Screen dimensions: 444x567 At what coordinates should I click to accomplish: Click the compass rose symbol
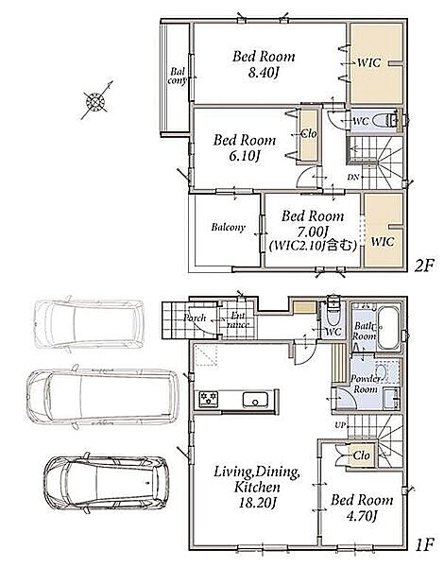click(x=95, y=101)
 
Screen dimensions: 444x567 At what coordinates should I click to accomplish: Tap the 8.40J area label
click(x=264, y=74)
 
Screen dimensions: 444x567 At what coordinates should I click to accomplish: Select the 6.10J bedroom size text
click(x=245, y=156)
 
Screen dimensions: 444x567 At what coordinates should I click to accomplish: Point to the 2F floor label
click(x=423, y=266)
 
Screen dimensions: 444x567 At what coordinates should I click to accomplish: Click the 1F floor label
click(x=424, y=544)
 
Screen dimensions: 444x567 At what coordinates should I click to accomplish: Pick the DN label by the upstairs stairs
click(x=353, y=178)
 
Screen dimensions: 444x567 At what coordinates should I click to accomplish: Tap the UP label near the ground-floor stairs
click(x=340, y=425)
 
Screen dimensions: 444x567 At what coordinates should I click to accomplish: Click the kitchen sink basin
click(x=255, y=400)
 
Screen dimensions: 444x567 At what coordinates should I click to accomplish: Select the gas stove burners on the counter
click(x=209, y=399)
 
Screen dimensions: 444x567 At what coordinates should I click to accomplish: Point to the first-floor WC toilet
click(x=333, y=310)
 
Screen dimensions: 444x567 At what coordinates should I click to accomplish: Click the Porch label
click(x=195, y=318)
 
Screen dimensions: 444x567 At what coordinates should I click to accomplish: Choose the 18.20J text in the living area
click(x=258, y=503)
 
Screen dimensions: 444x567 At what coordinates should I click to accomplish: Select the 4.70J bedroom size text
click(x=362, y=516)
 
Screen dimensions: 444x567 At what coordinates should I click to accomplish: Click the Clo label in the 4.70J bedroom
click(x=361, y=455)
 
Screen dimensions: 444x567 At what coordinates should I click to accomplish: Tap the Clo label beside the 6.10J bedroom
click(x=308, y=134)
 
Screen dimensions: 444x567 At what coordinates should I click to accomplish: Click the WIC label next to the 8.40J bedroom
click(x=368, y=63)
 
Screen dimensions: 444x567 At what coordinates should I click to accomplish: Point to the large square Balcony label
click(x=229, y=228)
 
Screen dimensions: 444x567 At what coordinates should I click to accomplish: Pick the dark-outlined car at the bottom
click(x=107, y=483)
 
